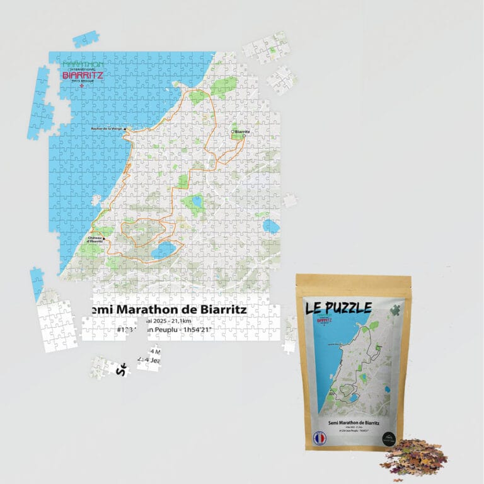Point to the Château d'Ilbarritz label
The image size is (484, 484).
(x=92, y=239)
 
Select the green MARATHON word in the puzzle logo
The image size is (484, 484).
(x=83, y=64)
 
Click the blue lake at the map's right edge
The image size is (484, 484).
(x=272, y=226)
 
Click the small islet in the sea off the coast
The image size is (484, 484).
(x=96, y=200)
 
